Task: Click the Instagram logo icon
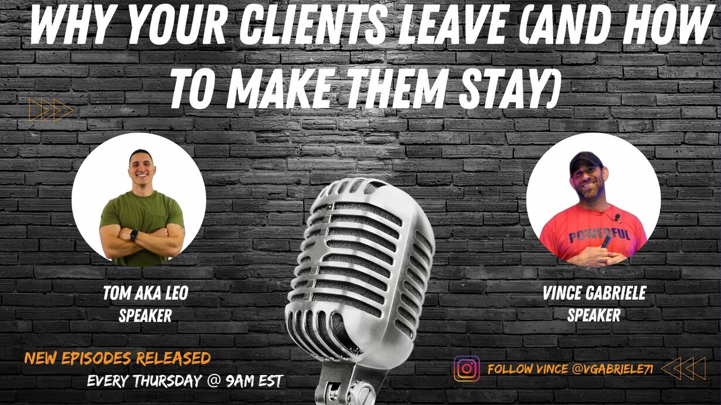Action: tap(467, 368)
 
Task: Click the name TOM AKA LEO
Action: tap(145, 293)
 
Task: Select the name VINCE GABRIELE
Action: tap(594, 293)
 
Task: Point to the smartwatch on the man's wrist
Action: tap(134, 235)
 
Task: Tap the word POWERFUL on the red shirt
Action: tap(598, 235)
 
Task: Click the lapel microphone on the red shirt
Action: tap(617, 217)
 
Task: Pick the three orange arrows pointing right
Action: tap(51, 110)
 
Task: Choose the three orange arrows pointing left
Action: tap(684, 369)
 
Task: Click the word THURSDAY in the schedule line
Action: tap(168, 381)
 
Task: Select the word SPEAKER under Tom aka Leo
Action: tap(145, 315)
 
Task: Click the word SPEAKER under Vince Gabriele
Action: tap(594, 315)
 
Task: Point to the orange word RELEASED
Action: tap(173, 359)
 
